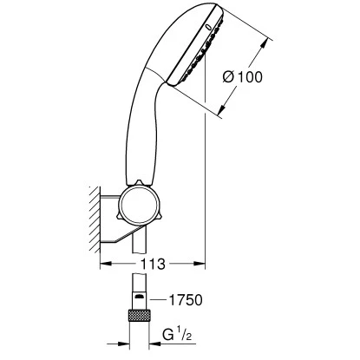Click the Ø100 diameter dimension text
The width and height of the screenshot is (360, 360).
tap(243, 77)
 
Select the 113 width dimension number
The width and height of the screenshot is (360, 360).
tap(153, 264)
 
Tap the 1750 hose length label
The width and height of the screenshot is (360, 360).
tap(186, 300)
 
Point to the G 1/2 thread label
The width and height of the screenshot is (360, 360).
tap(177, 335)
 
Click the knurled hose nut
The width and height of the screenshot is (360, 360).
tap(139, 315)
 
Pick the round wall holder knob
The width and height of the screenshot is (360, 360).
tap(140, 206)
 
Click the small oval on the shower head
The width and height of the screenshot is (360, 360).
tap(208, 28)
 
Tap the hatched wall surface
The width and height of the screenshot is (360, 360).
tap(95, 219)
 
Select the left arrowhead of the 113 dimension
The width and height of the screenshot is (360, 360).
tap(106, 264)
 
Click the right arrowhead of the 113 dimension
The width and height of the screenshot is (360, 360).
tap(200, 264)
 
